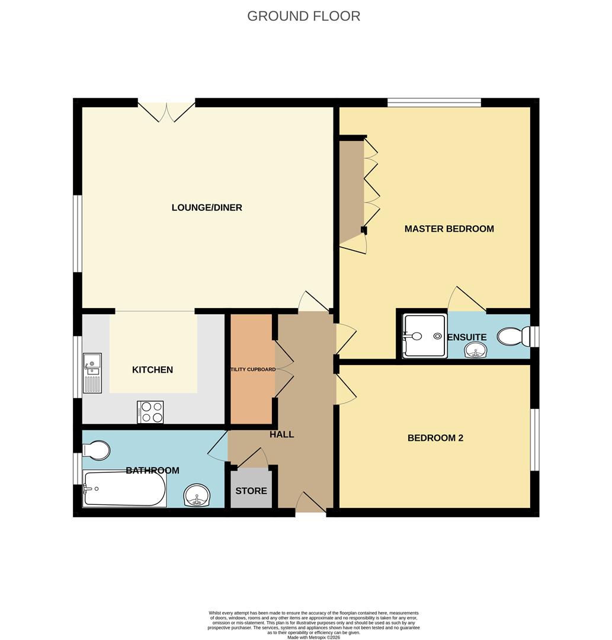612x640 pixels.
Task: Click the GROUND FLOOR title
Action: pos(303,16)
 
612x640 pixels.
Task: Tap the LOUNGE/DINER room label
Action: pos(207,207)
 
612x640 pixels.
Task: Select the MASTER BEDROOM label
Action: pos(448,229)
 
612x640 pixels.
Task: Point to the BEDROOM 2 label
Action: pos(435,439)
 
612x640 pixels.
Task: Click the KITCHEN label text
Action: pos(152,370)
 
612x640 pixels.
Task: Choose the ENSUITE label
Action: pos(467,337)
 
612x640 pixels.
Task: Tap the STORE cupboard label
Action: pos(251,491)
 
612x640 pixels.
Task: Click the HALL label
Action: pos(282,434)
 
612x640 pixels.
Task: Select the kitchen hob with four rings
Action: pos(150,412)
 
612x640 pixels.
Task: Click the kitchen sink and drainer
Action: pos(92,373)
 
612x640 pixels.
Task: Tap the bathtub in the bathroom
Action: pos(124,488)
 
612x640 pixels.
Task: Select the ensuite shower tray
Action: pos(424,337)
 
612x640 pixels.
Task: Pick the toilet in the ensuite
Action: pos(512,337)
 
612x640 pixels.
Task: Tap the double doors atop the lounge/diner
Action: pos(166,111)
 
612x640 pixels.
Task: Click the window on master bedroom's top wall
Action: pos(434,103)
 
